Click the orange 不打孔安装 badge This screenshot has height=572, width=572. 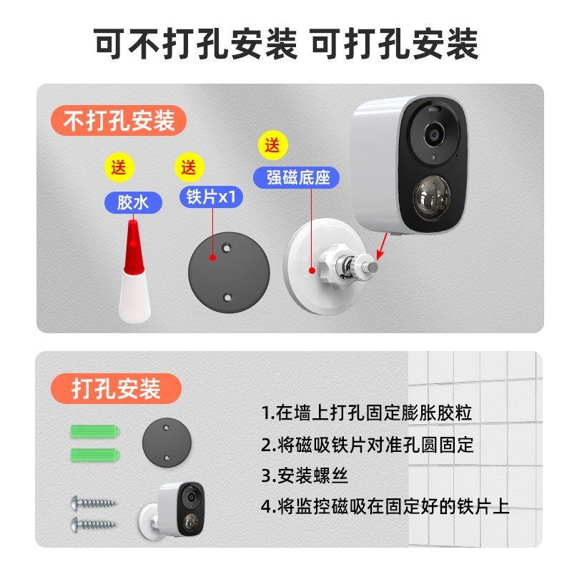[119, 120]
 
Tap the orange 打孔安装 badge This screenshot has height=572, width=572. [116, 388]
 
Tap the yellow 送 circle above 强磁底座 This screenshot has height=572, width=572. [272, 146]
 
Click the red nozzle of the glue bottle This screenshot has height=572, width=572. [132, 246]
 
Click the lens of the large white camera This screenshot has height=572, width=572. [433, 134]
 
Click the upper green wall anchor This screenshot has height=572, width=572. [95, 433]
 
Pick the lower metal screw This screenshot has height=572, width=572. [94, 524]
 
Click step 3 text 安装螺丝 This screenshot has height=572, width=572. [305, 475]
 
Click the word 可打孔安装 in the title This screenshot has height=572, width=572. [394, 44]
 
